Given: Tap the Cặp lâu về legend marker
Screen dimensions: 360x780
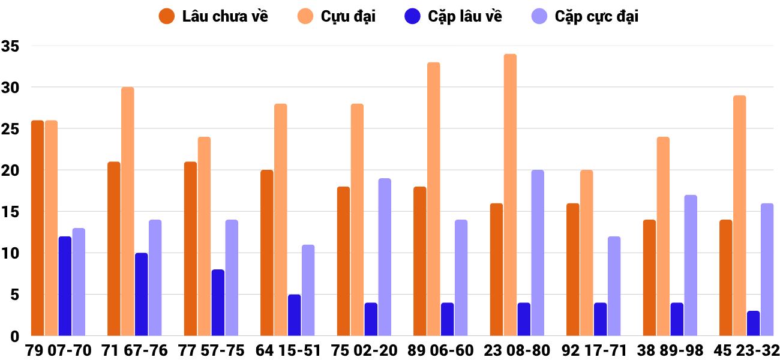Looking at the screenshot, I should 412,17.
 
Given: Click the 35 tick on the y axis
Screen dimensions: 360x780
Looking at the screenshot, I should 11,46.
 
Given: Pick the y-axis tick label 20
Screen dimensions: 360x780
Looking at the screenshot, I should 11,170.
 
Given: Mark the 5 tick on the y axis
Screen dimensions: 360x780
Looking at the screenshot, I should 16,295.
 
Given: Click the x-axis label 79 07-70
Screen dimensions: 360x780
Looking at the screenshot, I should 58,350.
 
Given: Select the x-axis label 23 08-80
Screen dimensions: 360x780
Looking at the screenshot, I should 518,350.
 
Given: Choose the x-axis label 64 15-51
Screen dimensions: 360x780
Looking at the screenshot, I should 288,350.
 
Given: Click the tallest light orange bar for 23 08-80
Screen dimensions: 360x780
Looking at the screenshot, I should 510,195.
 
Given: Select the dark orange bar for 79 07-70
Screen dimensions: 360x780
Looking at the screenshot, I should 37,228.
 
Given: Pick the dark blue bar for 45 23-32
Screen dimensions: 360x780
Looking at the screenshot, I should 753,323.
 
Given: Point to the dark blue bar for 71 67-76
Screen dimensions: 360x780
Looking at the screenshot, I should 141,294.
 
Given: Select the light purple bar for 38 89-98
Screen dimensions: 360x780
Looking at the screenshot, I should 691,265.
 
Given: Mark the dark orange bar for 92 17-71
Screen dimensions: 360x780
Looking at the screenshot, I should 573,269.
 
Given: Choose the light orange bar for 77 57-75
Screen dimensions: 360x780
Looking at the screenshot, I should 204,236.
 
